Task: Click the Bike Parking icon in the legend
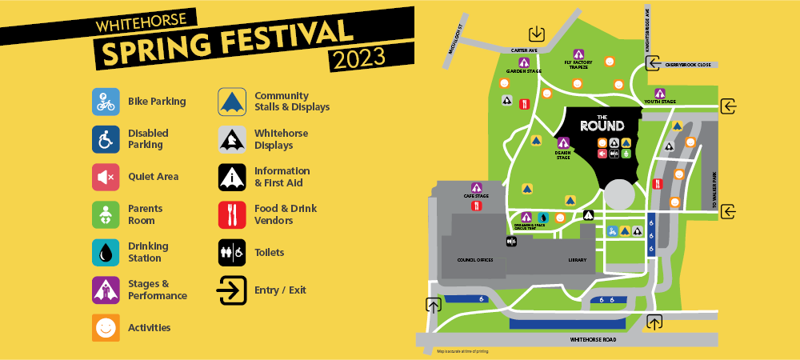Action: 106,102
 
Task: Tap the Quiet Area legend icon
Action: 106,177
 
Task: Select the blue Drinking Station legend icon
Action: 106,252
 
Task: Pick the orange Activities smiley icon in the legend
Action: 106,327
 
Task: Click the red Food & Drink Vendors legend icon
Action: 232,214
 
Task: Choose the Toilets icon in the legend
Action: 232,252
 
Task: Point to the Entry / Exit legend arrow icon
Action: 232,290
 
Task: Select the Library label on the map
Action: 577,260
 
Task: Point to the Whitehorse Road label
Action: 593,340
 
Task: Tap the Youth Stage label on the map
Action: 660,102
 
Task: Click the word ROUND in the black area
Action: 602,126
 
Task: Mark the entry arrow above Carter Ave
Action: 536,34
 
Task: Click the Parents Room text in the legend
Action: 142,214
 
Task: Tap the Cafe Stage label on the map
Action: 476,196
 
